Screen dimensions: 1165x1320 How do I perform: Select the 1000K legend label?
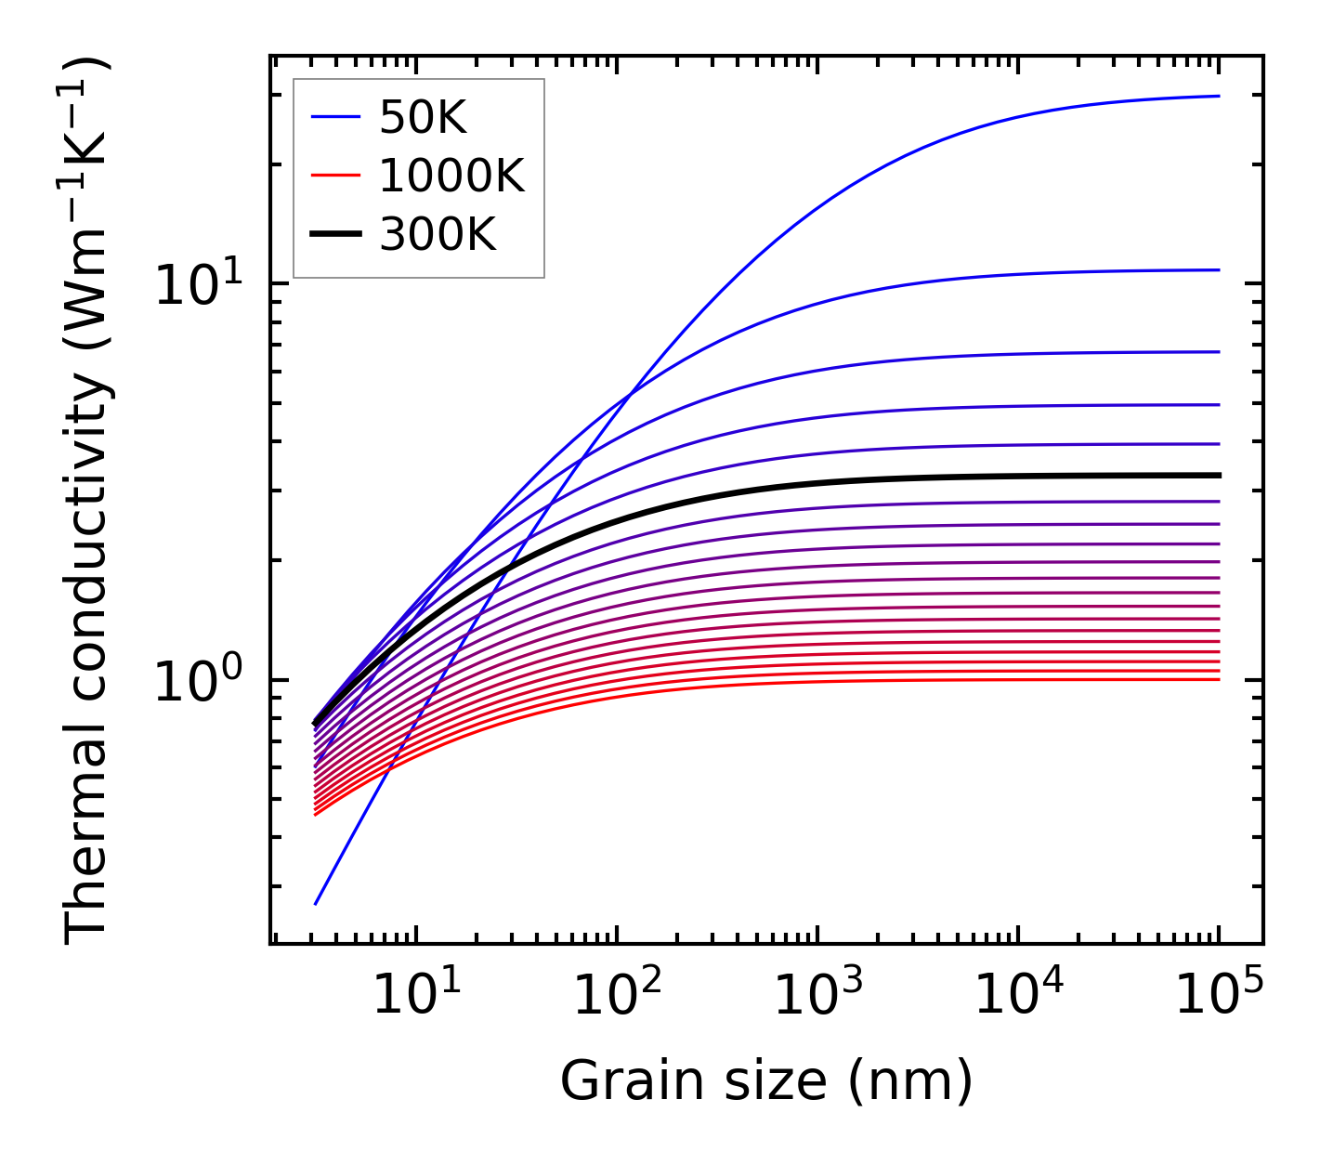click(451, 176)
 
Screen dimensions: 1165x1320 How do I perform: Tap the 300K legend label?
click(438, 235)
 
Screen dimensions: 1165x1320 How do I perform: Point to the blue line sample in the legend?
click(335, 117)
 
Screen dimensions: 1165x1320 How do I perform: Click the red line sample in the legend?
click(335, 176)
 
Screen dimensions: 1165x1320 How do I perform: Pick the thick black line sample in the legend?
click(335, 235)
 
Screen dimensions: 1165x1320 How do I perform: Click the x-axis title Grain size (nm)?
click(766, 1081)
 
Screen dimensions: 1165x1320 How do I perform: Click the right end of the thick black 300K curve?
click(1218, 475)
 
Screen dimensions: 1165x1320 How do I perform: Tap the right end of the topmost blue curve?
click(1218, 96)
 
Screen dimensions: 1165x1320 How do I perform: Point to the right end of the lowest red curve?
click(1218, 679)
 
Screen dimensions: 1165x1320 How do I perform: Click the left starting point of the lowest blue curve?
click(316, 903)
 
